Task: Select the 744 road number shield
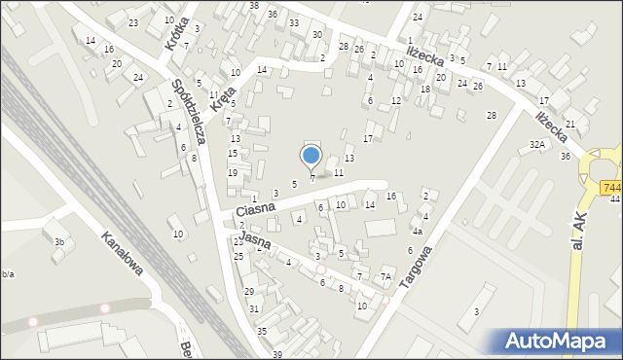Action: pos(611,187)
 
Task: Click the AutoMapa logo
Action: pos(557,341)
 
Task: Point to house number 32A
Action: pos(536,144)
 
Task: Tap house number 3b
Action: pos(59,241)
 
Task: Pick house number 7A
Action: pos(385,277)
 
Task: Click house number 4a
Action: pos(417,232)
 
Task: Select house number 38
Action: pos(254,6)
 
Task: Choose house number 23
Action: pos(132,22)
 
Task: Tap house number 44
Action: pos(615,198)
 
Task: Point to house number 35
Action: pos(261,331)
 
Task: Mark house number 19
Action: pos(233,172)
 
